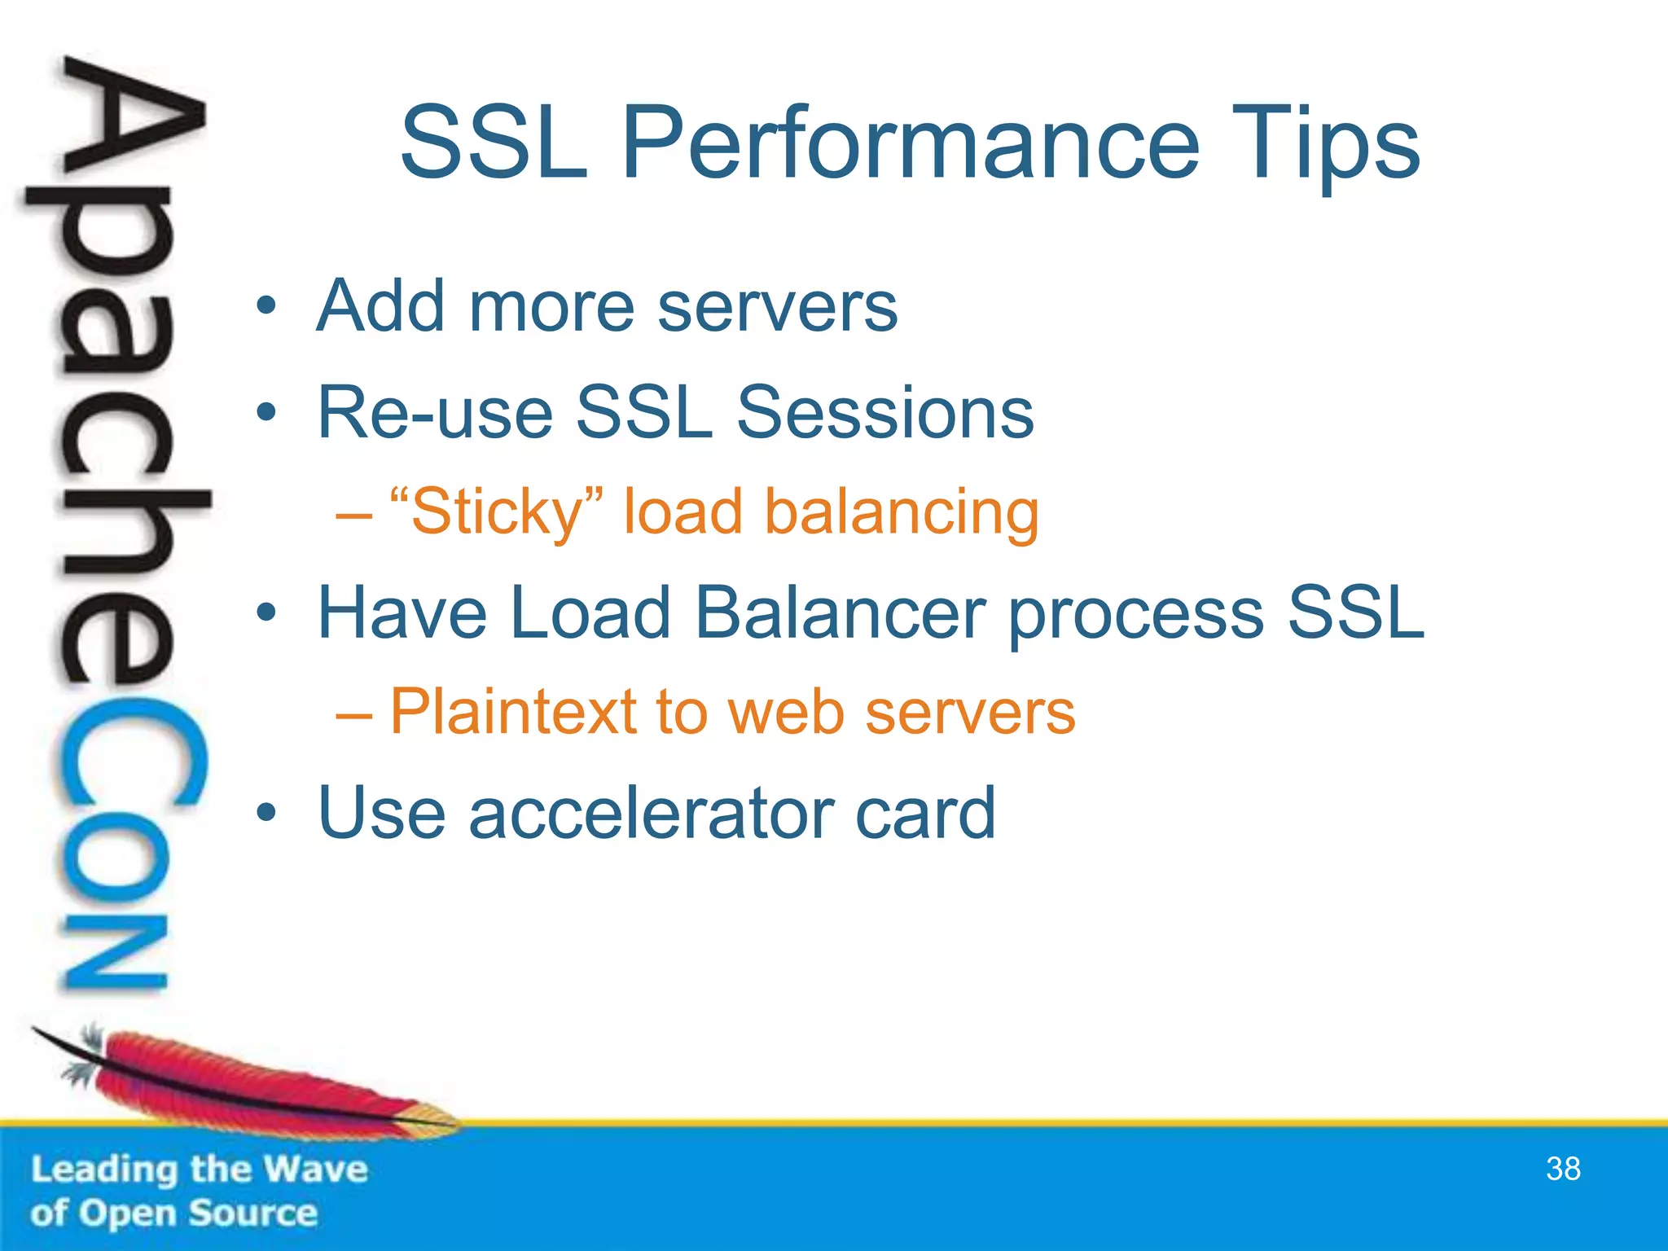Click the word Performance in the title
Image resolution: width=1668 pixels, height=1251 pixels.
pyautogui.click(x=910, y=145)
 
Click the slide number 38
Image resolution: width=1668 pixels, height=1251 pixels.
pyautogui.click(x=1562, y=1170)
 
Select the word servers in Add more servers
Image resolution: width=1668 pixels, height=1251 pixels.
pyautogui.click(x=777, y=308)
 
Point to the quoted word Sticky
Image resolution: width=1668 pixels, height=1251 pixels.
pyautogui.click(x=497, y=512)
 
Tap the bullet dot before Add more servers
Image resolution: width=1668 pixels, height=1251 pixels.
pyautogui.click(x=266, y=308)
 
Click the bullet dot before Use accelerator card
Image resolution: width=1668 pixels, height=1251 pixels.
pyautogui.click(x=266, y=813)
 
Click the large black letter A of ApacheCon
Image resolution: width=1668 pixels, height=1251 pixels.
pyautogui.click(x=130, y=122)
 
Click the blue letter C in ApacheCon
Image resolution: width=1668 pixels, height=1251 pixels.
pyautogui.click(x=130, y=766)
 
